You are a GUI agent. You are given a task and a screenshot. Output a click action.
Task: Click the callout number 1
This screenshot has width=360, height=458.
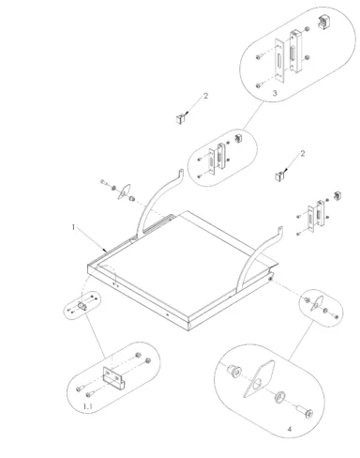[73, 227]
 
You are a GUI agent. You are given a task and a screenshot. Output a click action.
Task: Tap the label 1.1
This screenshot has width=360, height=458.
[88, 406]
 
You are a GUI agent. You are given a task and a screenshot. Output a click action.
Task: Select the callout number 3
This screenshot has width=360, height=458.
[275, 93]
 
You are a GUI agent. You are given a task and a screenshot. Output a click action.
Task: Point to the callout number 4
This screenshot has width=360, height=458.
[290, 429]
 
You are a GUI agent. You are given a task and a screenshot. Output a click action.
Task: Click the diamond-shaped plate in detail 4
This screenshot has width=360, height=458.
[259, 379]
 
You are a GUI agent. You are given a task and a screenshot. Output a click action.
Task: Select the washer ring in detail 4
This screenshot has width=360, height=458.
[279, 397]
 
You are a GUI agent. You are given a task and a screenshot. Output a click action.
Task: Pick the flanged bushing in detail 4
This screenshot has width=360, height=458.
[234, 371]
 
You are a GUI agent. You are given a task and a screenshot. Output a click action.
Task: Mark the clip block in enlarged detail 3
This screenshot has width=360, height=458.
[323, 22]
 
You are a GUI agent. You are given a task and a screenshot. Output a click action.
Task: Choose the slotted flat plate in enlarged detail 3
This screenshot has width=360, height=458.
[279, 60]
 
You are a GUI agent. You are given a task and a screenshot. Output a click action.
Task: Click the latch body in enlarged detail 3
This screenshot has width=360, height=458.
[295, 52]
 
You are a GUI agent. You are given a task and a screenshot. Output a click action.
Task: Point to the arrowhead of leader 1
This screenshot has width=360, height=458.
[107, 251]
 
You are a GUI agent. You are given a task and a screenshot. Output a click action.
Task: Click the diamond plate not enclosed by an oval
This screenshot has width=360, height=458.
[124, 191]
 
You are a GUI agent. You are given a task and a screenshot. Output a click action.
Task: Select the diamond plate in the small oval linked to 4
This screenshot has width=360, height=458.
[317, 302]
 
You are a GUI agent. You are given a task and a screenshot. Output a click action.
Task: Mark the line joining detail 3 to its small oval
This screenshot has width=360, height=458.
[253, 116]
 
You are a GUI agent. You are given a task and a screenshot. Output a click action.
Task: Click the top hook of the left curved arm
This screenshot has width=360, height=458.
[180, 174]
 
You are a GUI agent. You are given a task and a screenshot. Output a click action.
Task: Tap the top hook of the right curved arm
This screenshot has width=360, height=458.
[280, 231]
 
